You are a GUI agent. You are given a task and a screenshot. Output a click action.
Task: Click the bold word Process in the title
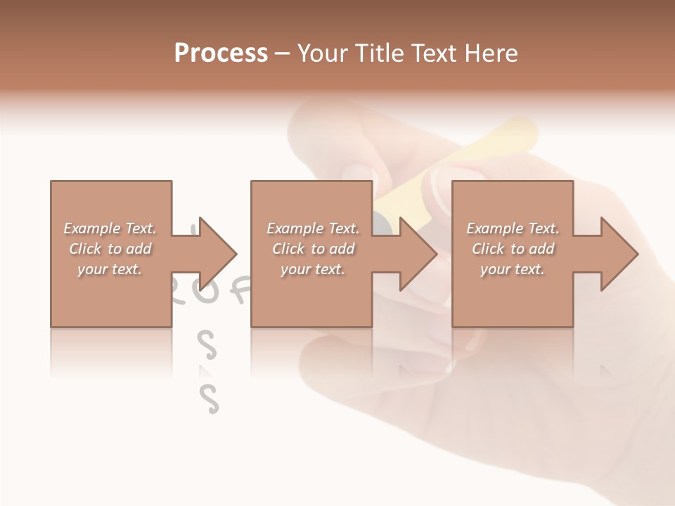pos(221,53)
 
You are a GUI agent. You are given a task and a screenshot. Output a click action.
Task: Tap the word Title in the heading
pos(380,53)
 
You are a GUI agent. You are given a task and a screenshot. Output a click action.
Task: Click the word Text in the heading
pos(435,53)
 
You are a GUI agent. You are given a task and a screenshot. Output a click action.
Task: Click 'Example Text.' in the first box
pos(110,228)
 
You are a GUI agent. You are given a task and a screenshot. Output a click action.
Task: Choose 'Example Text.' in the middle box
pos(313,228)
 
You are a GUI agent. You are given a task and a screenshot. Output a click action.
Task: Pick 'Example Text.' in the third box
pos(513,228)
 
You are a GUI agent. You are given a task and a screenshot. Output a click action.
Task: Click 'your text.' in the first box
pos(110,269)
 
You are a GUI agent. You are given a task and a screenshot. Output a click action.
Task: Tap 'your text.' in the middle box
pos(313,269)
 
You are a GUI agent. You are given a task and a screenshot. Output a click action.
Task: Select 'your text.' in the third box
pos(513,269)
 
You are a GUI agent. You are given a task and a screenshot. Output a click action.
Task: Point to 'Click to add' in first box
pos(110,249)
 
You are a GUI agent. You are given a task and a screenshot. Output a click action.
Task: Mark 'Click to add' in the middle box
pos(313,249)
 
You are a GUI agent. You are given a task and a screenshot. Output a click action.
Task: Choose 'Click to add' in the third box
pos(513,249)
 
